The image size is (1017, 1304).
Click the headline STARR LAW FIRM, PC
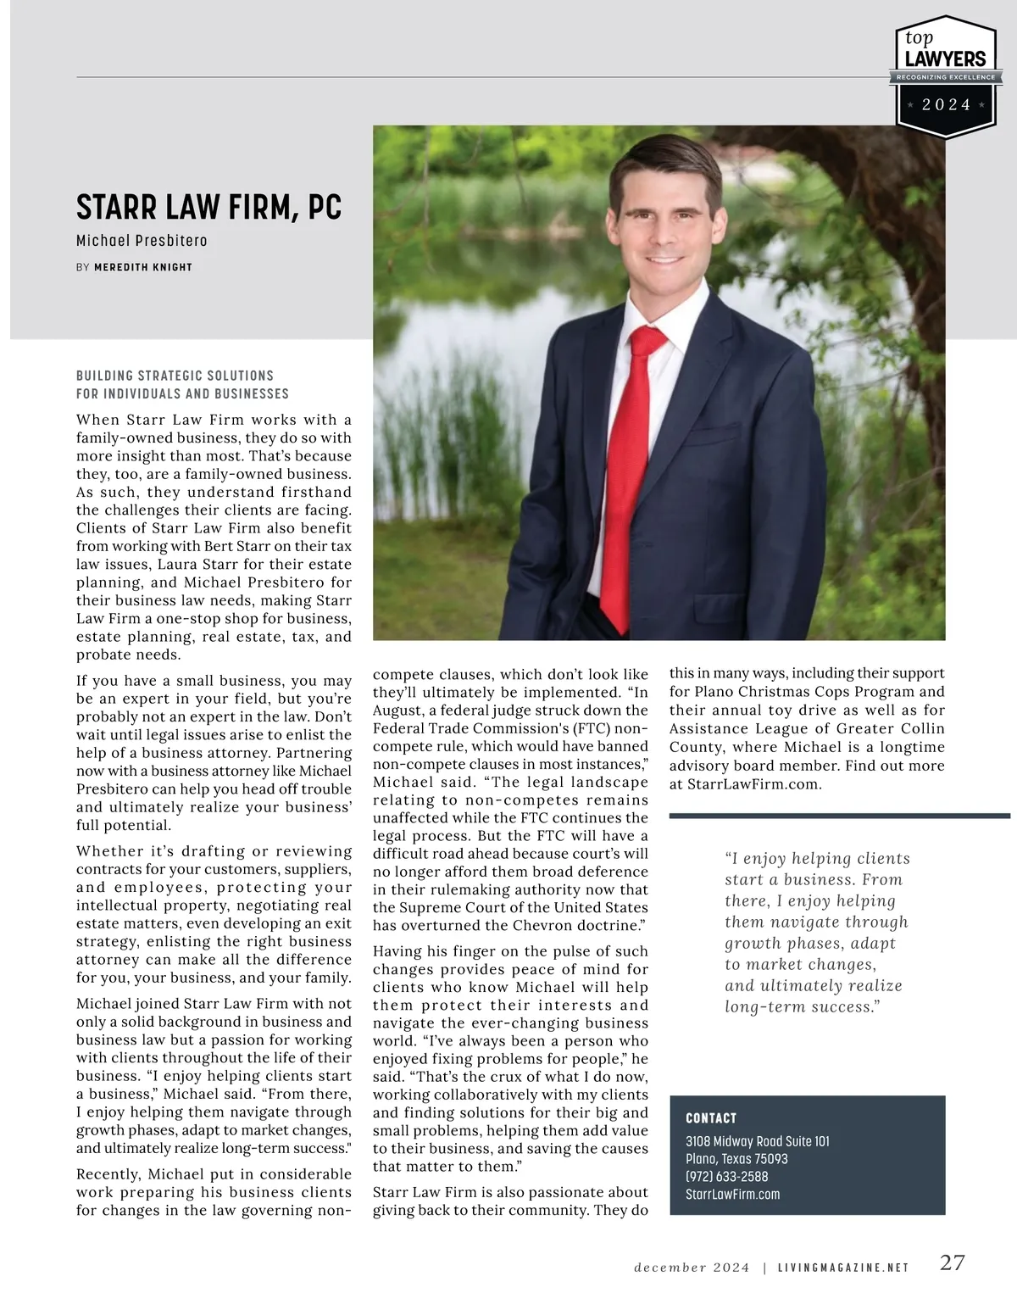(x=208, y=208)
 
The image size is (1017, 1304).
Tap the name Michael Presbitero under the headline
(x=142, y=241)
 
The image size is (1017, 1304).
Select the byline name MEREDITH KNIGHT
(x=143, y=267)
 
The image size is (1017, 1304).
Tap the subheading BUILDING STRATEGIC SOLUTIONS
(x=175, y=376)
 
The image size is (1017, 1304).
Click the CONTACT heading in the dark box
(x=711, y=1118)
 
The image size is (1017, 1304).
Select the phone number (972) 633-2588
(x=726, y=1177)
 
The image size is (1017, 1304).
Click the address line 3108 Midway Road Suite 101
(x=757, y=1141)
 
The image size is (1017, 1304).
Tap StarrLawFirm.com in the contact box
(x=732, y=1195)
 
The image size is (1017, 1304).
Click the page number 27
(x=953, y=1262)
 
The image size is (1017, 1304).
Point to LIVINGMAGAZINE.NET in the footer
(x=842, y=1268)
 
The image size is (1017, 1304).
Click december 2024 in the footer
(x=692, y=1268)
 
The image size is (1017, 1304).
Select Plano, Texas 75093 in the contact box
(x=736, y=1159)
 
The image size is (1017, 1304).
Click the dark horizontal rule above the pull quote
(x=839, y=816)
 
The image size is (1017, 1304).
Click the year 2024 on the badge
(x=946, y=105)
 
